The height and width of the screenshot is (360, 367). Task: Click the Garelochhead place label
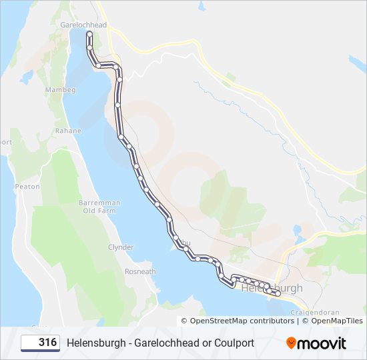83,25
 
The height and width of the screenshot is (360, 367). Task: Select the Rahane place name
68,131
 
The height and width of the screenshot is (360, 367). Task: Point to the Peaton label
27,187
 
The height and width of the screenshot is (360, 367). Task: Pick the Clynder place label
121,247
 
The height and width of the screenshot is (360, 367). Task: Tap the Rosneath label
140,271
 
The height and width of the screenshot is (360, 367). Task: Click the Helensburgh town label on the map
272,289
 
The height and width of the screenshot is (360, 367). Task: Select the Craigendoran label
316,312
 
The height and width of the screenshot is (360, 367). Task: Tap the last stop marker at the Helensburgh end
278,293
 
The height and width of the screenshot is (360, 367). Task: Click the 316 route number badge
40,343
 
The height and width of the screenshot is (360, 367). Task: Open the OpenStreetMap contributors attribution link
242,321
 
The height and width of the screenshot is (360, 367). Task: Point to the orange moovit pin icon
292,343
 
